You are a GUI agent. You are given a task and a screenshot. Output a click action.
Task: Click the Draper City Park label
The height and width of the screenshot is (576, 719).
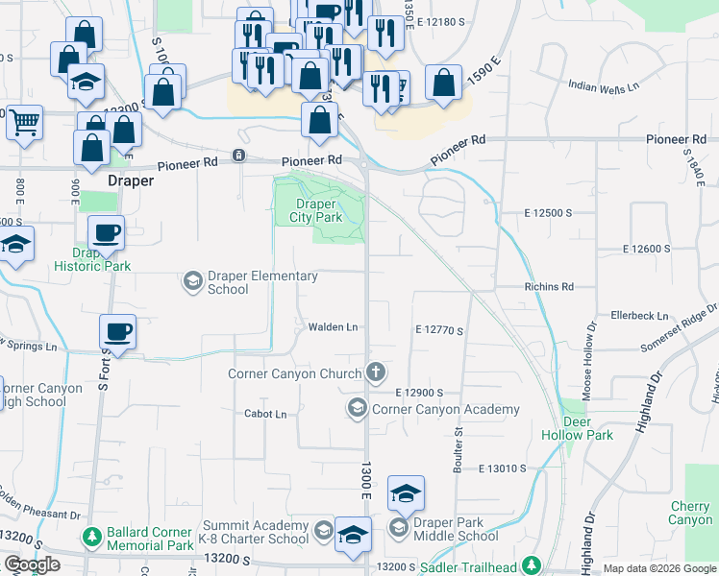point(316,210)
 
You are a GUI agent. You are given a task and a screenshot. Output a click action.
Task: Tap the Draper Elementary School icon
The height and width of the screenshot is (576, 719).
point(192,281)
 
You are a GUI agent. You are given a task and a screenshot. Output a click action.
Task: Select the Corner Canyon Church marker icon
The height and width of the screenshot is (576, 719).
point(376,372)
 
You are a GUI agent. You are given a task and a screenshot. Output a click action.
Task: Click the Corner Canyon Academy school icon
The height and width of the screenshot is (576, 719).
point(358,410)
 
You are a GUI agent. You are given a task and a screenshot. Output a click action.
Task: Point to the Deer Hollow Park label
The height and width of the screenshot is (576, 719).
point(576,428)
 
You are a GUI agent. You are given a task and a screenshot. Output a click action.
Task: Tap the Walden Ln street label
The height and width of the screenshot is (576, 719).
point(333,327)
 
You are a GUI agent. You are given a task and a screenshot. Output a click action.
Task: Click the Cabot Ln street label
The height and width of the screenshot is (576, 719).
point(266,414)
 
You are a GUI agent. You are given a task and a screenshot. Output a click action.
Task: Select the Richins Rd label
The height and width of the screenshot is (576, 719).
point(549,286)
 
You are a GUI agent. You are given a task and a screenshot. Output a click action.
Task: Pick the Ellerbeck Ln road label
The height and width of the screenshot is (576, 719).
point(639,315)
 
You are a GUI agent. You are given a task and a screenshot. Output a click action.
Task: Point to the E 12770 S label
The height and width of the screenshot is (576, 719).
point(439,330)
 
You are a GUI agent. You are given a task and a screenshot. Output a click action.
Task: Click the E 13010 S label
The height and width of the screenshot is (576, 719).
point(498,468)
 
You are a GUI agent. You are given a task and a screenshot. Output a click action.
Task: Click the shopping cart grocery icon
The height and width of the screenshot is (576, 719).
point(24,121)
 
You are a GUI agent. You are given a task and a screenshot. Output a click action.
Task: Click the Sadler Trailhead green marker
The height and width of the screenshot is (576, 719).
point(532,566)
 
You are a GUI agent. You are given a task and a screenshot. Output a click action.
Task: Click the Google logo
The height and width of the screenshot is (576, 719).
point(32,565)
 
